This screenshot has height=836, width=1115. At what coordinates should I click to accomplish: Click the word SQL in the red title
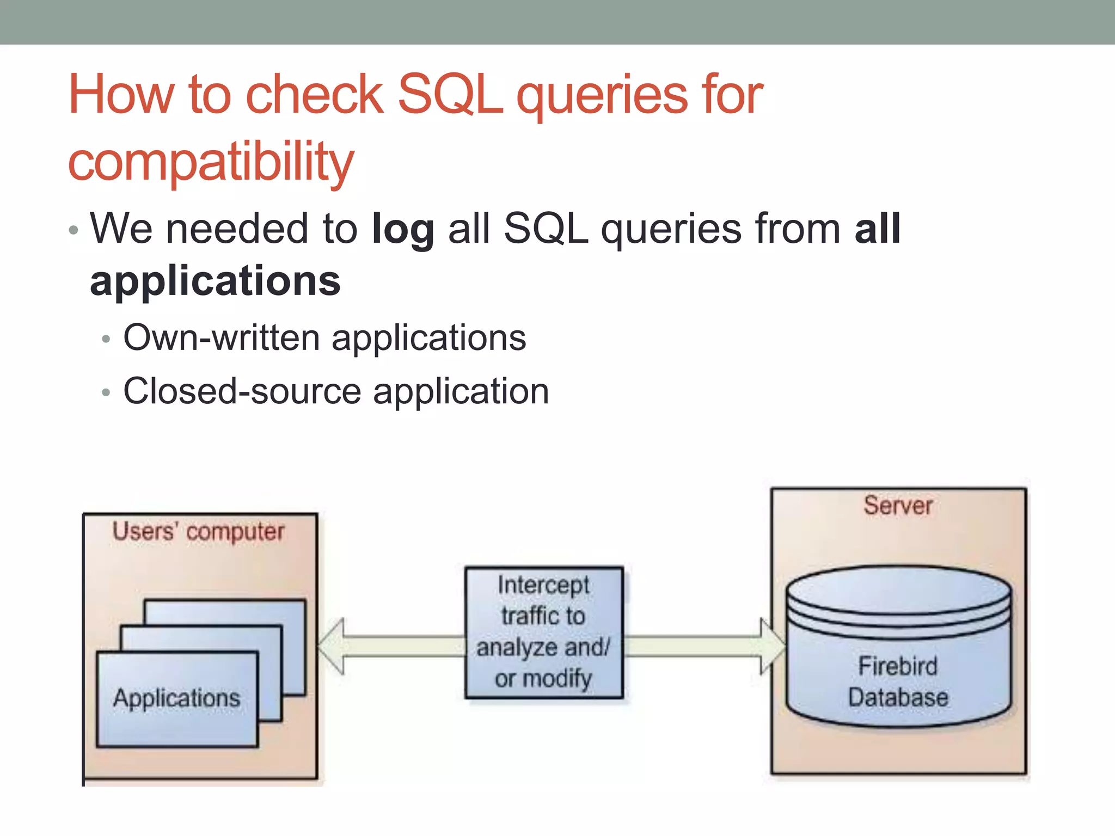pyautogui.click(x=450, y=95)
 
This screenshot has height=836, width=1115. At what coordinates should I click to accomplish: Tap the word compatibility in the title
pyautogui.click(x=211, y=162)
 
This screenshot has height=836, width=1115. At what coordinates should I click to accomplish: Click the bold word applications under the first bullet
pyautogui.click(x=215, y=281)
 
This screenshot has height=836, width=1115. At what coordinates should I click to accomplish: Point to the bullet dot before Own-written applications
pyautogui.click(x=106, y=339)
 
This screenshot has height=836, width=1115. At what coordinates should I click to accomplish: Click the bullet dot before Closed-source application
pyautogui.click(x=106, y=392)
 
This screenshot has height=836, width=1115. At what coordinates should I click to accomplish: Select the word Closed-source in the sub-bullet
pyautogui.click(x=242, y=391)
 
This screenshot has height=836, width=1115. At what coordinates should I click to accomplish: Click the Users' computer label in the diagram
pyautogui.click(x=198, y=532)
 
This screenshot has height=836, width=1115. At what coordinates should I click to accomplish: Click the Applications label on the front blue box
pyautogui.click(x=176, y=698)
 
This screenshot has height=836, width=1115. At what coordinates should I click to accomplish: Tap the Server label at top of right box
pyautogui.click(x=898, y=506)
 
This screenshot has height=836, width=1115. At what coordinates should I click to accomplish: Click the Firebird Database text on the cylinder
pyautogui.click(x=898, y=682)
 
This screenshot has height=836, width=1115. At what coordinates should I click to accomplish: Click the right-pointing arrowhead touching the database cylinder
pyautogui.click(x=772, y=646)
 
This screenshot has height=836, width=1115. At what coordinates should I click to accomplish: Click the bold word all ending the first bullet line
pyautogui.click(x=877, y=229)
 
